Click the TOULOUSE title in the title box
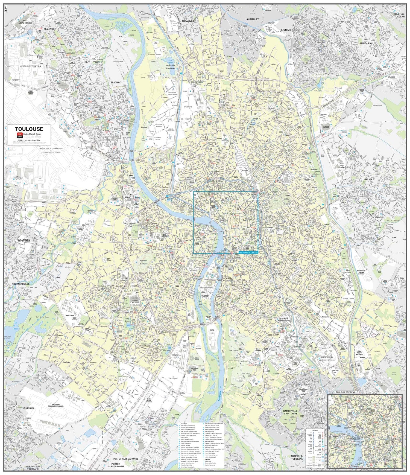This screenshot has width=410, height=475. point(29,129)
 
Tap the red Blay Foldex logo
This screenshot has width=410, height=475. point(19,135)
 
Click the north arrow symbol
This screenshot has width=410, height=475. point(6,10)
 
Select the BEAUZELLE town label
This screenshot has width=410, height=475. point(50,29)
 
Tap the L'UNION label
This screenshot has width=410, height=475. point(286,30)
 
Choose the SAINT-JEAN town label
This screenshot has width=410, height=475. point(366,43)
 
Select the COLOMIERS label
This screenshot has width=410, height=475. point(24,240)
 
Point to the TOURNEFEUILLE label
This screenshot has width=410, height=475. point(20,284)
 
